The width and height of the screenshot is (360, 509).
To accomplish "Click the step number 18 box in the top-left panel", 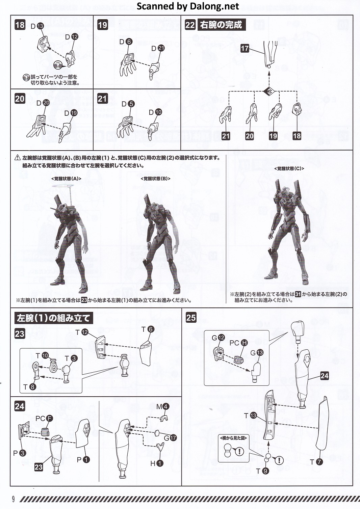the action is [20, 25].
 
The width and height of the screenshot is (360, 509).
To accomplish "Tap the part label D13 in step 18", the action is [37, 26].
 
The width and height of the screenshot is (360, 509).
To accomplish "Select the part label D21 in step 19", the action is [158, 48].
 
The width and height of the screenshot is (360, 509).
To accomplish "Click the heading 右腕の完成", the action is [221, 25].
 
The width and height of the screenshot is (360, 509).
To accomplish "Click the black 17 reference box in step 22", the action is [245, 48].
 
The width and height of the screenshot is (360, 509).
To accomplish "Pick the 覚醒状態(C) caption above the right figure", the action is [289, 169].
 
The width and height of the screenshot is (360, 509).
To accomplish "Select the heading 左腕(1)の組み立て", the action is [54, 318].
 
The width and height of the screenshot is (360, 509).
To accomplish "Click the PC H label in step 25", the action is [238, 343].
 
